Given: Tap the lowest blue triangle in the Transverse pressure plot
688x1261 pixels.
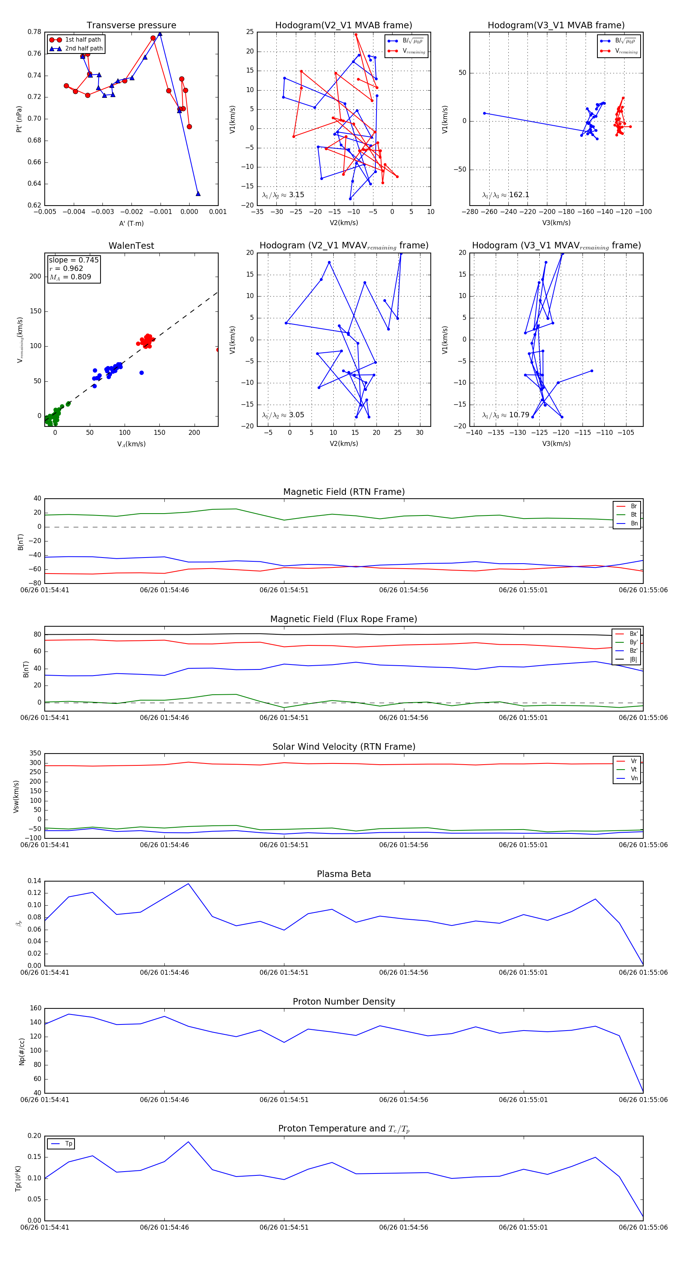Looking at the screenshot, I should click(198, 193).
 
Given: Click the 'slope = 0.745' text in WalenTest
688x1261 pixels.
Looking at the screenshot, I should click(73, 260).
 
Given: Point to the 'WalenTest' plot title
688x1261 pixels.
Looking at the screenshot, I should click(131, 246).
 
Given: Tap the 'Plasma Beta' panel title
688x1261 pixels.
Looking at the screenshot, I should click(344, 874).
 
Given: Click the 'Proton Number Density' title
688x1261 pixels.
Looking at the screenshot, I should click(344, 1002).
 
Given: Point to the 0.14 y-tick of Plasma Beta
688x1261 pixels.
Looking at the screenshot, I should click(34, 881).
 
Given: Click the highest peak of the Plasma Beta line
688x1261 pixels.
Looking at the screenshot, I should click(188, 883).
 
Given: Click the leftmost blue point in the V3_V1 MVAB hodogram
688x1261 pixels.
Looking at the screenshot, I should click(484, 113).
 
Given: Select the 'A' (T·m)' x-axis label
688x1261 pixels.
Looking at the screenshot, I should click(131, 223).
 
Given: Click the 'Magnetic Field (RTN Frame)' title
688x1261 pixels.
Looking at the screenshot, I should click(344, 492).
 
